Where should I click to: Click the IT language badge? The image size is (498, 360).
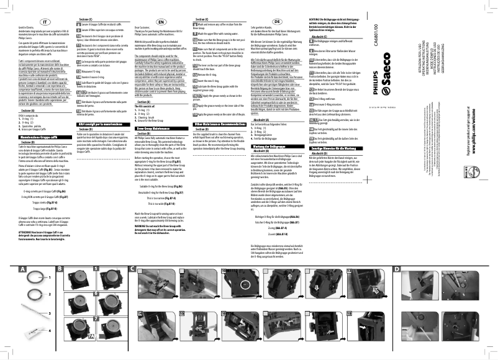(45, 22)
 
